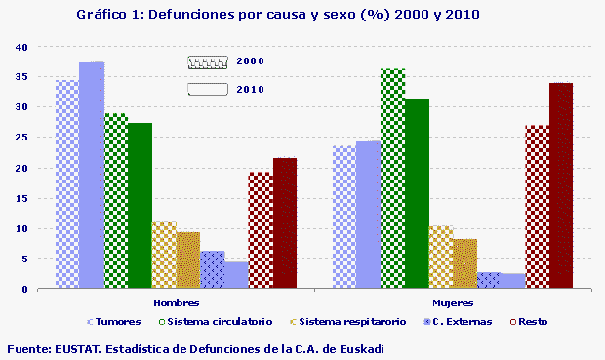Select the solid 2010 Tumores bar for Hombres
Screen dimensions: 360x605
pos(92,176)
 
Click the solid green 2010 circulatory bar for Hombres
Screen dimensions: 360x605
pos(140,206)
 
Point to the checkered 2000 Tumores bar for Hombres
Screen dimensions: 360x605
pos(67,184)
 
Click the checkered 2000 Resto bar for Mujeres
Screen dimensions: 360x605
pos(537,207)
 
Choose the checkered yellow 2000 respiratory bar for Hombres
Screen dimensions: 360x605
pos(164,256)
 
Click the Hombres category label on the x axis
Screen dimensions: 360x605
pos(176,302)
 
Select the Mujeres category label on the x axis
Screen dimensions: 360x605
pos(453,302)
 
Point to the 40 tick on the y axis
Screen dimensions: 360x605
pos(21,48)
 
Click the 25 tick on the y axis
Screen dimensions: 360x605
pos(21,139)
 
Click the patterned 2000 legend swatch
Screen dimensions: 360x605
pos(208,61)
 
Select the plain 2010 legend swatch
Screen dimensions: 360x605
pos(208,90)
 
